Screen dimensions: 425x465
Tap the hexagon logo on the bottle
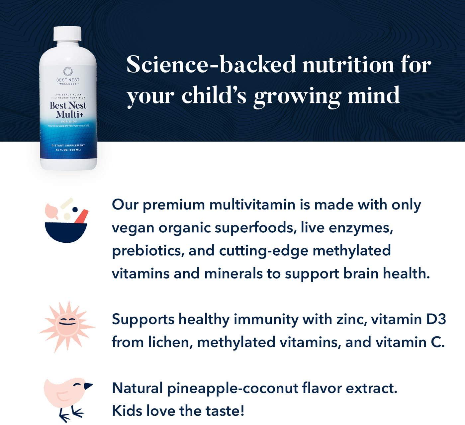point(68,72)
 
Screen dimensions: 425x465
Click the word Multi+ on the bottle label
point(68,114)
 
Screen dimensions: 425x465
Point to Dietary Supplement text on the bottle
point(68,146)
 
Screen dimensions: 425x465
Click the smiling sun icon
point(67,326)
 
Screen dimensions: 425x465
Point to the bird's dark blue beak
point(88,386)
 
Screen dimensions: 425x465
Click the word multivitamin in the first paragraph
point(252,205)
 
